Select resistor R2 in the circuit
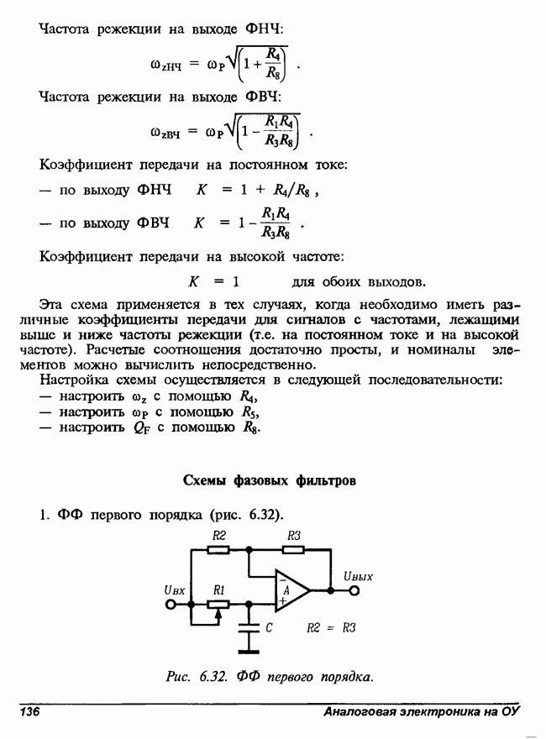[218, 549]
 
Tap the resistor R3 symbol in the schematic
[293, 549]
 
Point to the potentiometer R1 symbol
[219, 604]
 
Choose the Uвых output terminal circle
[354, 590]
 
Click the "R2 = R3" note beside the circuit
[331, 627]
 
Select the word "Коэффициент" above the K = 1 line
[84, 255]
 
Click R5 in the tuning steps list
[249, 412]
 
